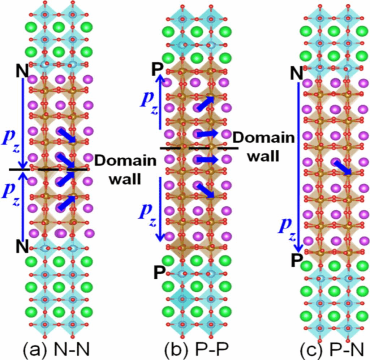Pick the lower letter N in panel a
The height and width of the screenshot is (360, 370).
click(x=23, y=247)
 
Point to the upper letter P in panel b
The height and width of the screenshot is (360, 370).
click(x=156, y=69)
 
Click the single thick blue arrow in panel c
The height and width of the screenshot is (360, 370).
click(x=342, y=168)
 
